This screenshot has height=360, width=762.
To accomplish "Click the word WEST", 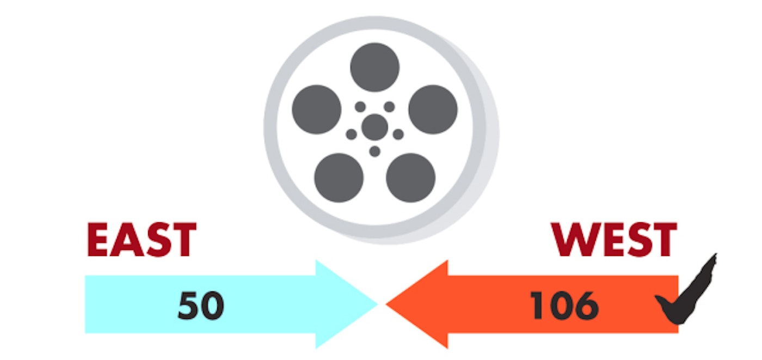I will [614, 240].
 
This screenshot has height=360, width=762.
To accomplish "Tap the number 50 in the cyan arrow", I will [200, 306].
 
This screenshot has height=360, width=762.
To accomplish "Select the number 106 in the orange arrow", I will [564, 306].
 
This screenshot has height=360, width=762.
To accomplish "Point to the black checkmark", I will [687, 297].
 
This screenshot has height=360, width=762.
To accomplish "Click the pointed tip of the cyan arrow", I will [376, 304].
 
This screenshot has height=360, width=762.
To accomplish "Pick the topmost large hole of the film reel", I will [374, 68].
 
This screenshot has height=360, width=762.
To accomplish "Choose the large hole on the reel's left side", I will [317, 109].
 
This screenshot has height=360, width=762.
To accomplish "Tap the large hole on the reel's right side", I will [433, 109].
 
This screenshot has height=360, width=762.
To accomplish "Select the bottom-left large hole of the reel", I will [339, 178].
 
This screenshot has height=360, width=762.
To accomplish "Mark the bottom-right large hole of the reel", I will [410, 178].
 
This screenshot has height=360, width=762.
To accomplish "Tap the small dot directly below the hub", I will [374, 151].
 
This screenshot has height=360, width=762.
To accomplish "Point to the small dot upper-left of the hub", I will [360, 107].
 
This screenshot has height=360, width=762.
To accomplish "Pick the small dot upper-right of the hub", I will [389, 107].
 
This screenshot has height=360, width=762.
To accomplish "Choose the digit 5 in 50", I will [188, 306].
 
